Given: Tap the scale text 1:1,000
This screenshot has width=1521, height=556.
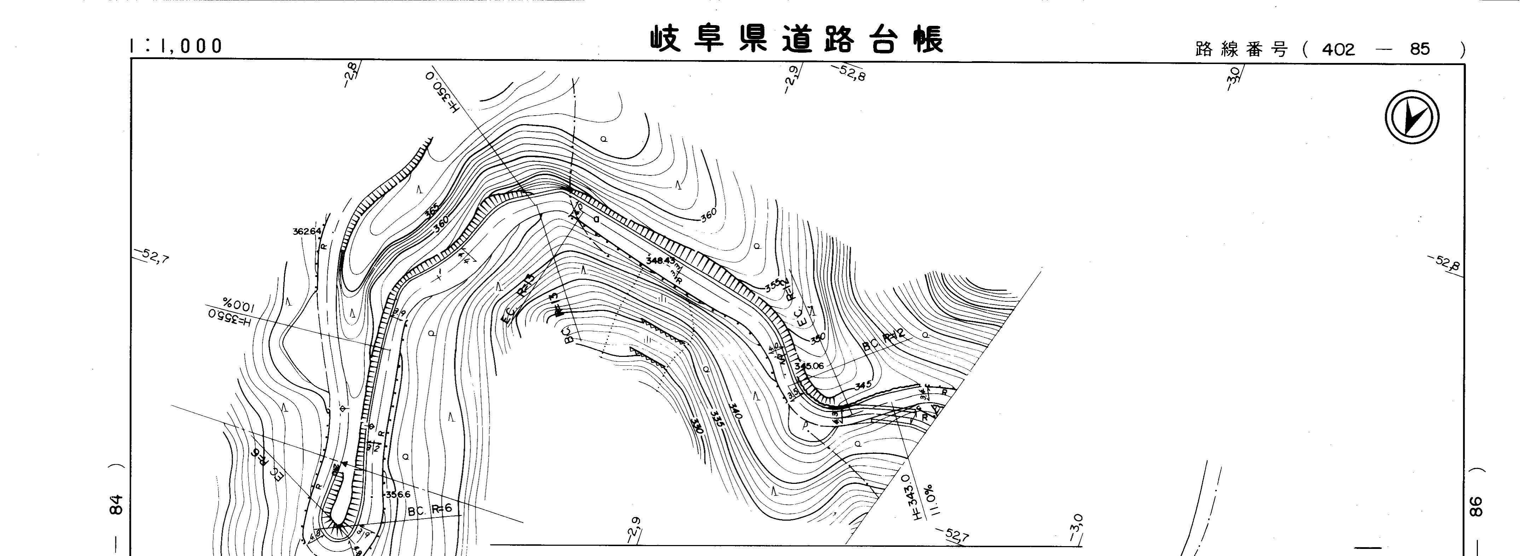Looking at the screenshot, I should tap(176, 46).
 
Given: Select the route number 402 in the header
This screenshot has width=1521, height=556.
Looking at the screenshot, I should tap(1338, 50).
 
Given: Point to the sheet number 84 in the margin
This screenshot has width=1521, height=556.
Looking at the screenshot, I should tap(117, 505).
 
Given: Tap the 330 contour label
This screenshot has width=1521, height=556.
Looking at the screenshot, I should tap(697, 427).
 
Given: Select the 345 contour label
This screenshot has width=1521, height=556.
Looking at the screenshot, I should tap(863, 386).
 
